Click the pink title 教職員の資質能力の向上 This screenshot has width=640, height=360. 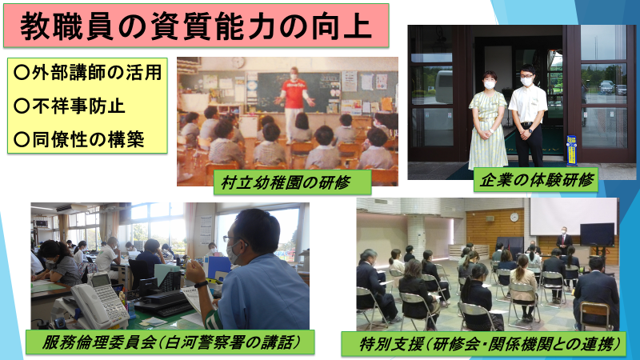pyautogui.click(x=196, y=26)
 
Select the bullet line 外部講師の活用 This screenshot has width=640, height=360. pyautogui.click(x=87, y=73)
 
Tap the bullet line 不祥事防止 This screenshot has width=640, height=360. pyautogui.click(x=69, y=106)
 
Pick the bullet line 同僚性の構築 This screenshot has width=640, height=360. pyautogui.click(x=78, y=139)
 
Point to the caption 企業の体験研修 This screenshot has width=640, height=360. pyautogui.click(x=535, y=179)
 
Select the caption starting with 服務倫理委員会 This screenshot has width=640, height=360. pyautogui.click(x=170, y=342)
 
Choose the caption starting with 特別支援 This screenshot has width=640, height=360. pyautogui.click(x=484, y=344)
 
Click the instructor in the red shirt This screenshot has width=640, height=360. pyautogui.click(x=294, y=105)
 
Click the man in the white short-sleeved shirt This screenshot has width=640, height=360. pyautogui.click(x=527, y=115)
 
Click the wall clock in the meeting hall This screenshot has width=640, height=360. pyautogui.click(x=514, y=217)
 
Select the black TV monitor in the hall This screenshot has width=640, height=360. pyautogui.click(x=597, y=234)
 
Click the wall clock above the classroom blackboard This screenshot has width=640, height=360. pyautogui.click(x=238, y=62)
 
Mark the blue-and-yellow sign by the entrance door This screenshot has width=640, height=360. pyautogui.click(x=572, y=150)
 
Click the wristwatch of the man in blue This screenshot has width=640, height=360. pyautogui.click(x=201, y=284)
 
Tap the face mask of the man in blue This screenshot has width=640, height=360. pyautogui.click(x=234, y=252)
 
